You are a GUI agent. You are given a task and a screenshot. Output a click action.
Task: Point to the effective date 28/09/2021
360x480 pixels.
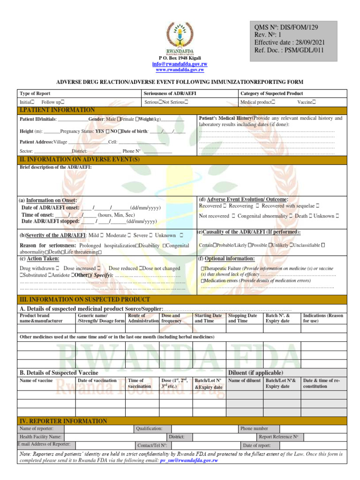289,43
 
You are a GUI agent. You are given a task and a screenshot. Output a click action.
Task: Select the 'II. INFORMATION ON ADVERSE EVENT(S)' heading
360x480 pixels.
80,160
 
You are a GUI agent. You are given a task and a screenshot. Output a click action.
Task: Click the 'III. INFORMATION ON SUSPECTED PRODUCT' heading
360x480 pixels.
85,299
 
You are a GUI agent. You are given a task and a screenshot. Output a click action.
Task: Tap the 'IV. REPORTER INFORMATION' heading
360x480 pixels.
63,421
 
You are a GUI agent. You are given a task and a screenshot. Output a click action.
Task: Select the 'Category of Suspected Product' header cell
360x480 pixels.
271,94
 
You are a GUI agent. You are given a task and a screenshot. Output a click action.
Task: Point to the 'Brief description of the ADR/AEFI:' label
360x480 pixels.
56,167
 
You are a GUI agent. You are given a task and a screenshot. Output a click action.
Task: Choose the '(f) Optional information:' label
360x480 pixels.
227,259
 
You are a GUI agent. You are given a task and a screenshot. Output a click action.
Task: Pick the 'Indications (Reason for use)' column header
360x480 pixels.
323,319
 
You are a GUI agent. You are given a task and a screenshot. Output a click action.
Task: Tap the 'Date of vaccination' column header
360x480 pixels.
97,381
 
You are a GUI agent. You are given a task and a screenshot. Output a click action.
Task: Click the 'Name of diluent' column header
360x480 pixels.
244,381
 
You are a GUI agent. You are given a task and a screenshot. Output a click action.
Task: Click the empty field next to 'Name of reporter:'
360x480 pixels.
98,428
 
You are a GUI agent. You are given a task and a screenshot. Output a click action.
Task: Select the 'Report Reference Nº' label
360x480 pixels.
278,437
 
